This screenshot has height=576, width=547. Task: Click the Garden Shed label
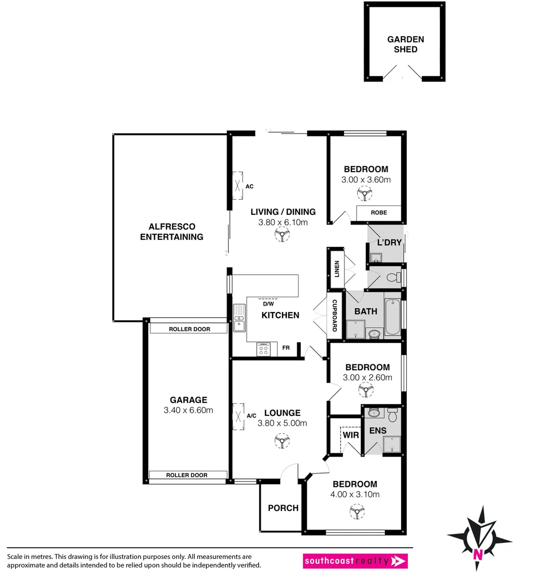click(405, 44)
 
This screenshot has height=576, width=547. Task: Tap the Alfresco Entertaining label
click(171, 231)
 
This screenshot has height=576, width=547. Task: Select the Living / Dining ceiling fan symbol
click(281, 235)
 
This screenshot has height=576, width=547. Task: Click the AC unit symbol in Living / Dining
click(237, 187)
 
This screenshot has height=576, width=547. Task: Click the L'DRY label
click(389, 243)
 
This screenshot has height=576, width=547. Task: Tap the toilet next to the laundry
click(394, 277)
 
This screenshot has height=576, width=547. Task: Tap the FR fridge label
click(286, 348)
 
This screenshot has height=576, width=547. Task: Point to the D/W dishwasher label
click(268, 304)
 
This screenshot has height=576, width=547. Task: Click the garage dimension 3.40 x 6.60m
click(188, 410)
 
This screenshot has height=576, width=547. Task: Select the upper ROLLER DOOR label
click(189, 329)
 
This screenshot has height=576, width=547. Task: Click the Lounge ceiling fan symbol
click(281, 441)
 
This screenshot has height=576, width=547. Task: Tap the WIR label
click(351, 435)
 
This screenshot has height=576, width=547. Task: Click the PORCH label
click(283, 508)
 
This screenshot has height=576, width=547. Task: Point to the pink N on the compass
click(478, 553)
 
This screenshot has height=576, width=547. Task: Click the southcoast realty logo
click(355, 561)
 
